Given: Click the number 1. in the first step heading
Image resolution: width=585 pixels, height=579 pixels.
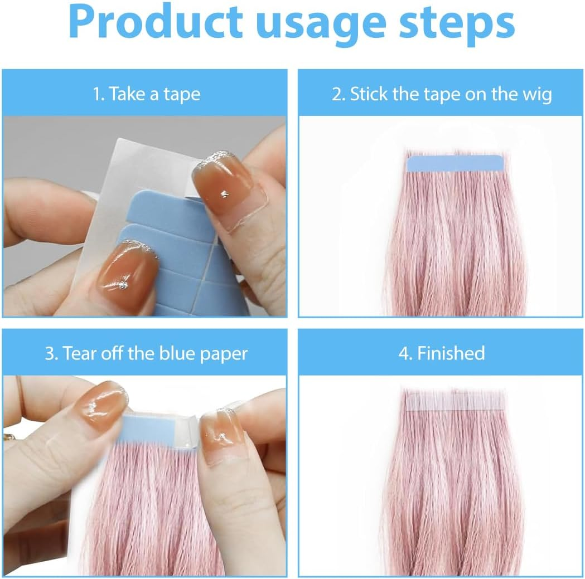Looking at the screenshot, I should [x=99, y=94].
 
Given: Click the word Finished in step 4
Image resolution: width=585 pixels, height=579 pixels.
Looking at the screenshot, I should [x=451, y=353].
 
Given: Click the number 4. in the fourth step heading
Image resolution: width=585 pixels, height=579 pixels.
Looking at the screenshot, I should [x=405, y=353].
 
